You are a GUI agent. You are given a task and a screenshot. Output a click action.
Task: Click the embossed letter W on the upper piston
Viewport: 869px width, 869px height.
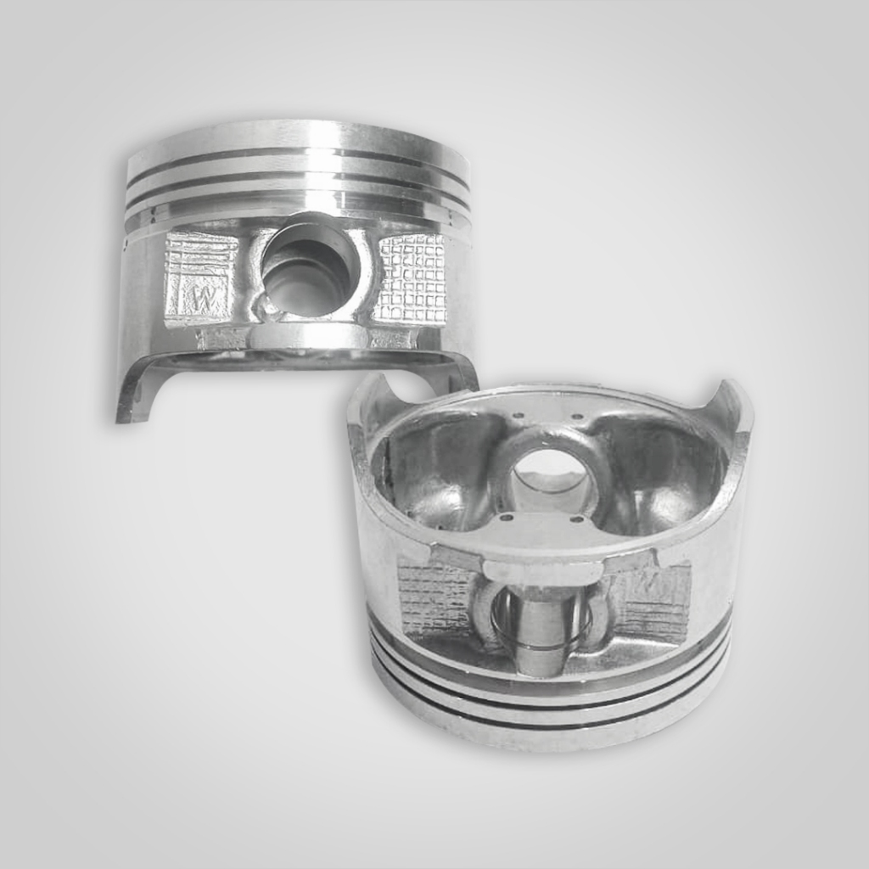tap(204, 299)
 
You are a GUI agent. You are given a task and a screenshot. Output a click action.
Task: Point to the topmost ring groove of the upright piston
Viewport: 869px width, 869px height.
tap(297, 158)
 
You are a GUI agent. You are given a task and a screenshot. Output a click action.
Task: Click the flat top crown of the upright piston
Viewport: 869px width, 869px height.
tap(297, 133)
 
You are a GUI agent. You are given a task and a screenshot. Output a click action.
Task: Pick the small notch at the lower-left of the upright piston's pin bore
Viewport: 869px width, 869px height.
tap(268, 307)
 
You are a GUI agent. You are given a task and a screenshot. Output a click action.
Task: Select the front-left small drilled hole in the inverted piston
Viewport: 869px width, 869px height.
tap(507, 516)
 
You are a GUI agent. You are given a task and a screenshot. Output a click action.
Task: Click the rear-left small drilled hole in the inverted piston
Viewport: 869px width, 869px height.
tap(514, 416)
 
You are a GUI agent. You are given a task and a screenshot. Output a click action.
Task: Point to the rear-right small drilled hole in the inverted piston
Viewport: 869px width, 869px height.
tap(577, 417)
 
